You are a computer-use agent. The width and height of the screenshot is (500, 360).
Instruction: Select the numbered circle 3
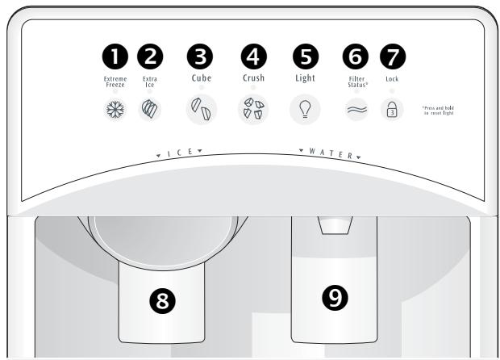point(150,56)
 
